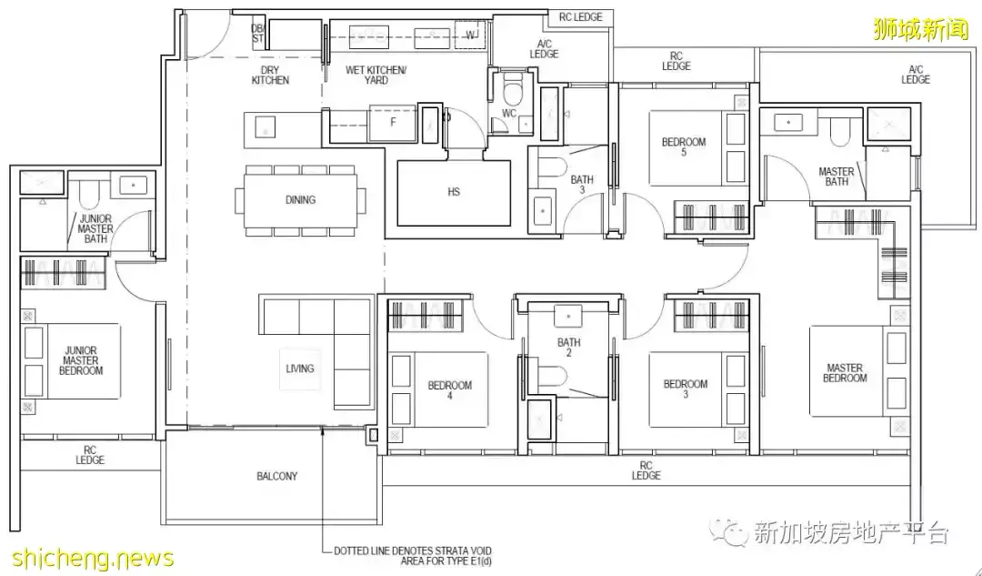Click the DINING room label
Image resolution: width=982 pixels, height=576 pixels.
[300, 200]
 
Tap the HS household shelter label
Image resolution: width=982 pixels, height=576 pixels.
[454, 192]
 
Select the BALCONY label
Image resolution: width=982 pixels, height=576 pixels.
[276, 476]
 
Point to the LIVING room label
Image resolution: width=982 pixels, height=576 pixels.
[300, 369]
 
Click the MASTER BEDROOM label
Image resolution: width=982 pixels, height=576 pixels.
[845, 373]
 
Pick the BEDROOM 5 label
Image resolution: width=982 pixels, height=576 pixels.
[684, 147]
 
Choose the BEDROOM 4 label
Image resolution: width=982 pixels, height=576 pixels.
[450, 389]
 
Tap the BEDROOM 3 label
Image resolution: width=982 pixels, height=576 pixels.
[686, 389]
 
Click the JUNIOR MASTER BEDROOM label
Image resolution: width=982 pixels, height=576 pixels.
[81, 360]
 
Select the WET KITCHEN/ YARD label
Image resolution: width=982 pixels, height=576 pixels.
[376, 76]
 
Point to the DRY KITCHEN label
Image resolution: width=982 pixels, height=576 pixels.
[271, 76]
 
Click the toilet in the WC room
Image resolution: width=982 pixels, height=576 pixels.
[513, 92]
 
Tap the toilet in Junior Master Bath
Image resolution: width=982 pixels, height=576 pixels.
[88, 194]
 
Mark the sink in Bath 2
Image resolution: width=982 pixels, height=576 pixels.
[568, 317]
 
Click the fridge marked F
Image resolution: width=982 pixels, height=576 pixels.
[393, 123]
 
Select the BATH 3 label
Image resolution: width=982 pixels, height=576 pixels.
[582, 185]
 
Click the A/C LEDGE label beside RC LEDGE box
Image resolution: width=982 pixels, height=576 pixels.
[544, 49]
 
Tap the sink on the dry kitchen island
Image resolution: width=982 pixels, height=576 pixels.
[265, 127]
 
